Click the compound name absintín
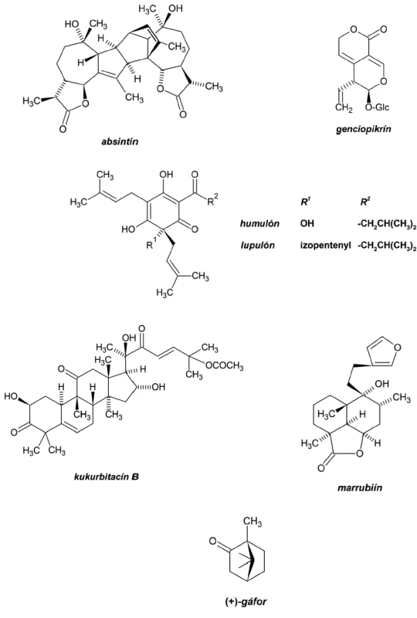(x=120, y=141)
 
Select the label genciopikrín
(x=364, y=129)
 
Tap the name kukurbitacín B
(x=107, y=477)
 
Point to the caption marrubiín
(x=359, y=487)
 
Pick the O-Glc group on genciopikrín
(x=377, y=107)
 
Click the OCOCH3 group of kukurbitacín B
(x=224, y=366)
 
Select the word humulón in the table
(x=259, y=223)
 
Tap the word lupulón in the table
(x=258, y=245)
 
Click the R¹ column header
(x=305, y=202)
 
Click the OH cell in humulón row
(x=307, y=223)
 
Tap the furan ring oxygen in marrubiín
(x=397, y=347)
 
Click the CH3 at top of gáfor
(x=253, y=523)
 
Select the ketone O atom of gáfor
(x=213, y=542)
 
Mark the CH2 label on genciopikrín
(x=344, y=107)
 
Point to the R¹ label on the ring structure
(x=152, y=245)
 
